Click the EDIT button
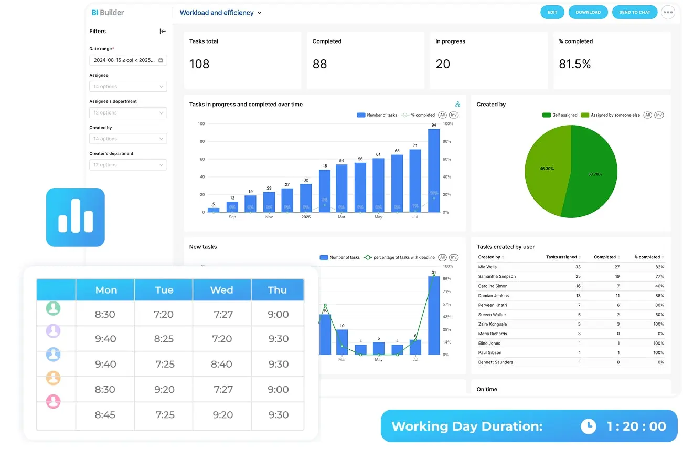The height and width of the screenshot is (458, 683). pyautogui.click(x=552, y=12)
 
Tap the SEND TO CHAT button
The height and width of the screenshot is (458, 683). pyautogui.click(x=634, y=12)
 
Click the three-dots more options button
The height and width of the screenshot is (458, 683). pyautogui.click(x=668, y=12)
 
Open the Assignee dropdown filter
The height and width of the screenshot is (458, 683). pyautogui.click(x=128, y=87)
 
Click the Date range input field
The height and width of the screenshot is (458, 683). pyautogui.click(x=128, y=60)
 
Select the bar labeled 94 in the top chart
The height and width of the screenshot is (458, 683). pyautogui.click(x=433, y=170)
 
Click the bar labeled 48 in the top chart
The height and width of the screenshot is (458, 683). pyautogui.click(x=325, y=191)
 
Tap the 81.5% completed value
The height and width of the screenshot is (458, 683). pyautogui.click(x=574, y=64)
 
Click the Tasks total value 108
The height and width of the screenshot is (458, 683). pyautogui.click(x=199, y=64)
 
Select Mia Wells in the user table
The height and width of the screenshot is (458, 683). pyautogui.click(x=488, y=267)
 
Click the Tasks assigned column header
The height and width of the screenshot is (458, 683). pyautogui.click(x=561, y=257)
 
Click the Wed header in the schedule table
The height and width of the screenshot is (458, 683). pyautogui.click(x=222, y=290)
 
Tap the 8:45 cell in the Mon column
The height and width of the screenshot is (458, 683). pyautogui.click(x=105, y=415)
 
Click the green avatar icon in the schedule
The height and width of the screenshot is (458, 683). pyautogui.click(x=53, y=308)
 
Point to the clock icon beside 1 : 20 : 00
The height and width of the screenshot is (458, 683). pyautogui.click(x=588, y=426)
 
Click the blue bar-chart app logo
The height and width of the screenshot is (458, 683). pyautogui.click(x=76, y=217)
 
